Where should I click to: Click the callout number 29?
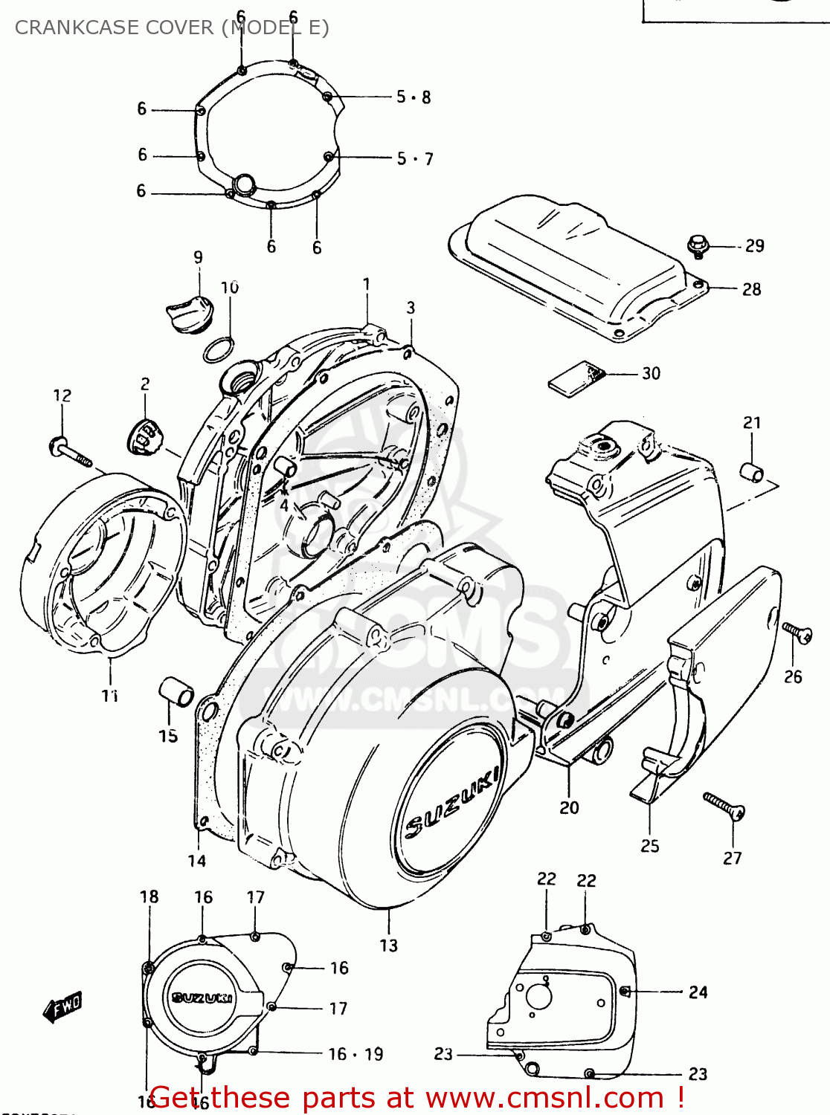pyautogui.click(x=754, y=246)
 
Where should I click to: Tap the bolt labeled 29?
pyautogui.click(x=698, y=245)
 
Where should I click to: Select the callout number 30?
pyautogui.click(x=651, y=374)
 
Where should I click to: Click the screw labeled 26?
pyautogui.click(x=797, y=633)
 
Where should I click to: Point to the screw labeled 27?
pyautogui.click(x=724, y=806)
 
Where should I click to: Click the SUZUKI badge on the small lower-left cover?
pyautogui.click(x=202, y=998)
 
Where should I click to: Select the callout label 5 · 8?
pyautogui.click(x=413, y=97)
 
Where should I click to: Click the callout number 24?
pyautogui.click(x=698, y=992)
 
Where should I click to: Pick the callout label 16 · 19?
pyautogui.click(x=356, y=1054)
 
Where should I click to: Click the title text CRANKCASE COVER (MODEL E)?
pyautogui.click(x=172, y=28)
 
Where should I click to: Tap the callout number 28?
pyautogui.click(x=751, y=289)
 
